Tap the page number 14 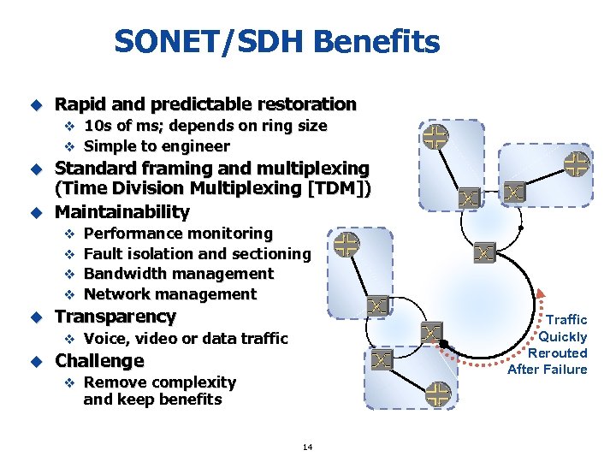pyautogui.click(x=307, y=447)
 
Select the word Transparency pyautogui.click(x=115, y=317)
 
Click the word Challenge pyautogui.click(x=99, y=361)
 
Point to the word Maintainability pyautogui.click(x=122, y=211)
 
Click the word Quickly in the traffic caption pyautogui.click(x=563, y=336)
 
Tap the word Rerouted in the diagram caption pyautogui.click(x=557, y=352)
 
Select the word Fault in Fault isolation pyautogui.click(x=104, y=253)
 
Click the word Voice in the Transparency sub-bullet pyautogui.click(x=105, y=339)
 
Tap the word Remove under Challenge pyautogui.click(x=113, y=382)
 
